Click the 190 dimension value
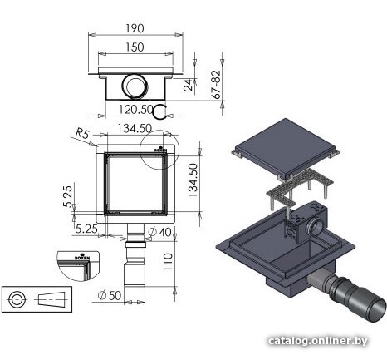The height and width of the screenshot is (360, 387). click(135, 28)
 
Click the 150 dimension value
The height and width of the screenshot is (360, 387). click(135, 47)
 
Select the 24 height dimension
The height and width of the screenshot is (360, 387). click(189, 85)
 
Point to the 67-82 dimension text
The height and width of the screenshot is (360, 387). click(216, 85)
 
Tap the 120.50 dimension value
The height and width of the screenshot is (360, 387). click(136, 110)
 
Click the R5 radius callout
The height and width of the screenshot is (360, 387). click(82, 134)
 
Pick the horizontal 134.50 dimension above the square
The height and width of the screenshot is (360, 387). click(135, 128)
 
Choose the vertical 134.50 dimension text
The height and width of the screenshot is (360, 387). click(193, 180)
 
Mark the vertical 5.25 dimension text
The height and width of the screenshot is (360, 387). click(68, 196)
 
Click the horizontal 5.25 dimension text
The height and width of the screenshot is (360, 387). click(86, 229)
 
